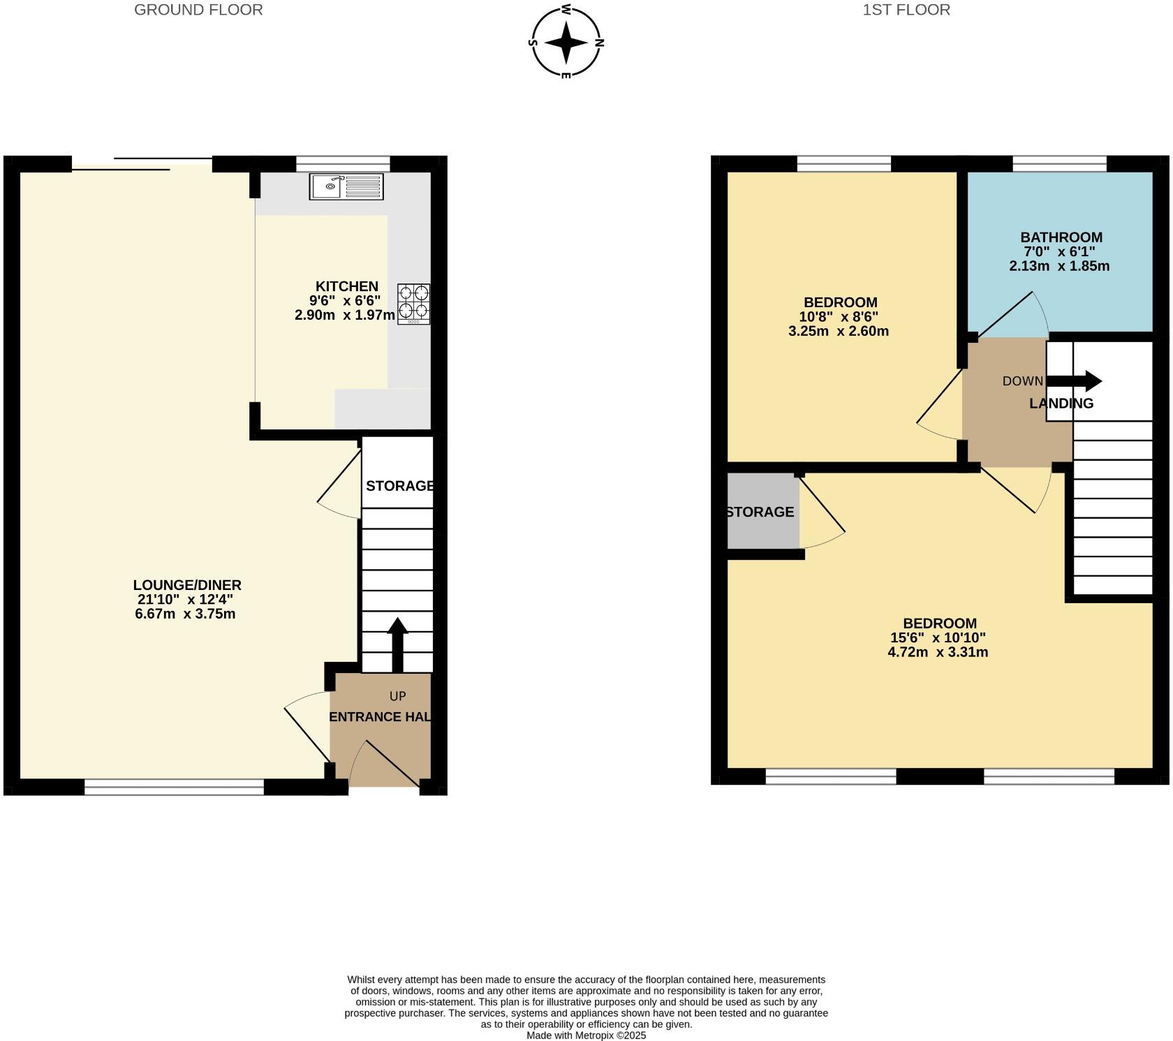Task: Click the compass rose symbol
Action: tap(566, 42)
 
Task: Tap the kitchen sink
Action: tap(347, 186)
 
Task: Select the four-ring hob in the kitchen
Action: tap(414, 304)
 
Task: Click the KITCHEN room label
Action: tap(347, 286)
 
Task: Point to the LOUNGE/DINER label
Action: tap(187, 585)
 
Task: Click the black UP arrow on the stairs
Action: tap(397, 644)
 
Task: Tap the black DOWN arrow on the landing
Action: tap(1074, 381)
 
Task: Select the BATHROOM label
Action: tap(1061, 237)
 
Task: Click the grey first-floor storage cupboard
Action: tap(763, 511)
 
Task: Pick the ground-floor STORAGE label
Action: tap(400, 486)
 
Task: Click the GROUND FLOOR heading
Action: tap(198, 10)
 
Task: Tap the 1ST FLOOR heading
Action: tap(906, 10)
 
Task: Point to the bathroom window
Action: tap(1060, 163)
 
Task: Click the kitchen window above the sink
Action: tap(343, 163)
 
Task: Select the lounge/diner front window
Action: tap(175, 787)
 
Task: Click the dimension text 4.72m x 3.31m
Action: tap(938, 653)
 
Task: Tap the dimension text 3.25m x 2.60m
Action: tap(839, 332)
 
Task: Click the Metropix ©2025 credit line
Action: tap(586, 1035)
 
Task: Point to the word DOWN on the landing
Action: tap(1023, 381)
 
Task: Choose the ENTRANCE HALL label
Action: tap(380, 717)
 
